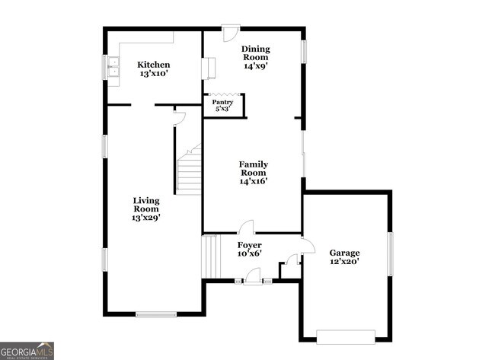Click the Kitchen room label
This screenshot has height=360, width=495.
[153, 65]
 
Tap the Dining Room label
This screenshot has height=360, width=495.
[256, 49]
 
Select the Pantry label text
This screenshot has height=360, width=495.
[222, 102]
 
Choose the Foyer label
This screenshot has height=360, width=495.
[249, 245]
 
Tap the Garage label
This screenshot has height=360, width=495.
[344, 253]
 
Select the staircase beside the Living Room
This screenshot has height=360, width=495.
[189, 171]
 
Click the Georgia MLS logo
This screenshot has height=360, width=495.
[27, 350]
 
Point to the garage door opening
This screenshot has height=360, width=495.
[346, 336]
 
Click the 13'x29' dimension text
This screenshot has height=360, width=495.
[145, 218]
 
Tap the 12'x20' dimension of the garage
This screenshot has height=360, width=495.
[344, 262]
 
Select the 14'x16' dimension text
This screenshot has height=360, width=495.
[254, 181]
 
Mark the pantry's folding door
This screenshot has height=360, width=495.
[222, 94]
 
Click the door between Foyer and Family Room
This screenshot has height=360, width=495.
[246, 227]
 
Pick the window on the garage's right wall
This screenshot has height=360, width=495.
[390, 253]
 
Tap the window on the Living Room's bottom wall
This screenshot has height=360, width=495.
[156, 313]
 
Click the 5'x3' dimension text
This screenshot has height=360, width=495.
[222, 110]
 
